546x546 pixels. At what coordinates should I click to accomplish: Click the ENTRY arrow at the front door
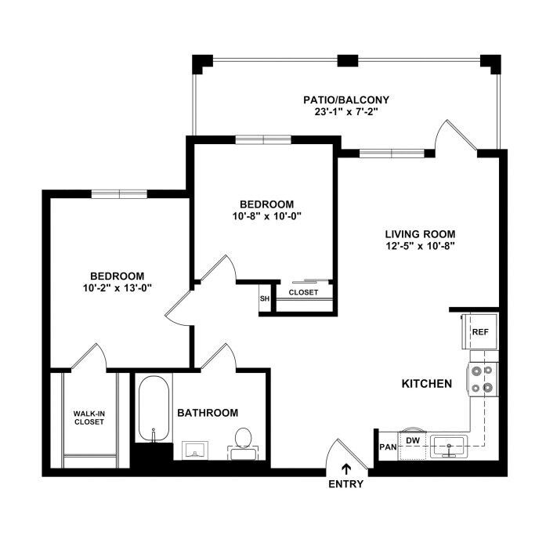pos(345,469)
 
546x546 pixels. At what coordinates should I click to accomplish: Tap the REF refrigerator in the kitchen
pos(480,331)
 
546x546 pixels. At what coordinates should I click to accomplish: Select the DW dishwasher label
pos(413,440)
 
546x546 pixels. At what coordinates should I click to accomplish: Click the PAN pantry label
pos(388,447)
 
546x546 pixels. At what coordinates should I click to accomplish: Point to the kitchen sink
pos(449,446)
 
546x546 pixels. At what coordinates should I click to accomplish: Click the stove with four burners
pos(483,379)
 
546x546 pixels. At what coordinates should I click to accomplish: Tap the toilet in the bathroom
pos(244,443)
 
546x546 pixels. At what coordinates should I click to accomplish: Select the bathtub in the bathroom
pos(154,409)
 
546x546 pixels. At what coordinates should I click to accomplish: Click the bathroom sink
pos(195,450)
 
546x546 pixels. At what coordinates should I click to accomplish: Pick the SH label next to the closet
pos(265,298)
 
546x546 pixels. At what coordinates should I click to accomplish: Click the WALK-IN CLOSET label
pos(89,418)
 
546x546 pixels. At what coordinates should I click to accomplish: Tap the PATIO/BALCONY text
pos(346,100)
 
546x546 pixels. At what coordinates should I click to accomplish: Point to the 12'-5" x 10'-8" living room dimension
pos(421,246)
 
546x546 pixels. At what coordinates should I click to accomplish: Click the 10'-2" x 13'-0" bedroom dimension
pos(118,288)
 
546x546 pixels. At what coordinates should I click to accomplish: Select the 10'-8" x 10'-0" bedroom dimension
pos(266,216)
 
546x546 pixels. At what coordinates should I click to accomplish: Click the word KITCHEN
pos(427,384)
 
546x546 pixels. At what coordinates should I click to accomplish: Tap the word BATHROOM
pos(208,413)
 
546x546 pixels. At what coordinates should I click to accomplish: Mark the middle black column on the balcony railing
pos(348,60)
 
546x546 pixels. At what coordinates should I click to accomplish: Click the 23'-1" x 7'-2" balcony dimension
pos(346,112)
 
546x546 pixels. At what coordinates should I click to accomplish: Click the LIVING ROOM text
pos(421,233)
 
